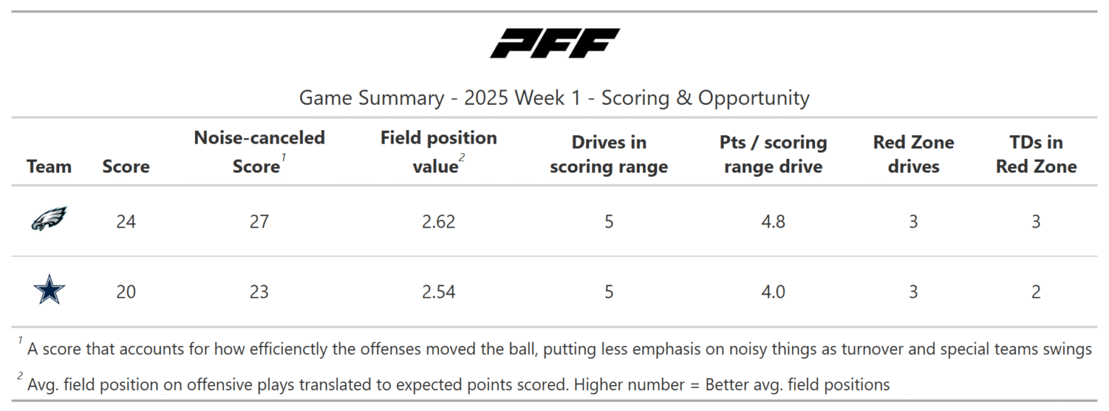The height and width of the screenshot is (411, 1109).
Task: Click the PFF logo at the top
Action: point(554,43)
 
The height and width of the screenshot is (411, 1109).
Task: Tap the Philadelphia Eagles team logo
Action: point(49,219)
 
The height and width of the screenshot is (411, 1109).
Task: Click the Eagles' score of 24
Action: point(126,222)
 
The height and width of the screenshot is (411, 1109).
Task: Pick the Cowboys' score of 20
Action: point(126,292)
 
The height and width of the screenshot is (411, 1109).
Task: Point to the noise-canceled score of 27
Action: point(258,222)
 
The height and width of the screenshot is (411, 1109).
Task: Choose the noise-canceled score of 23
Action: point(258,292)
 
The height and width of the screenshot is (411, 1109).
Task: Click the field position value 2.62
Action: point(438,222)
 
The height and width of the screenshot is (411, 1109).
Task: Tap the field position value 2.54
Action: point(438,292)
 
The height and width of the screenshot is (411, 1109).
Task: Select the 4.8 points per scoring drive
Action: point(773,222)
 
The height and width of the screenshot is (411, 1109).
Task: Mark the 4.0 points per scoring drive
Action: point(773,292)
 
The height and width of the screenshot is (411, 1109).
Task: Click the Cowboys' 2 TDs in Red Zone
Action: point(1035,292)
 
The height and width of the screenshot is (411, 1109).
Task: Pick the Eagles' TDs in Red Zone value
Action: point(1035,222)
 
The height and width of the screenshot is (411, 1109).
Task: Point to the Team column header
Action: point(49,167)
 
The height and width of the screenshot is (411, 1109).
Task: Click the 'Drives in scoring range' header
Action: point(609,155)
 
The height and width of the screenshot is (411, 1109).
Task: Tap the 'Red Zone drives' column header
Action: point(913,155)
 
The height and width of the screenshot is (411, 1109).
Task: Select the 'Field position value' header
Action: point(438,152)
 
